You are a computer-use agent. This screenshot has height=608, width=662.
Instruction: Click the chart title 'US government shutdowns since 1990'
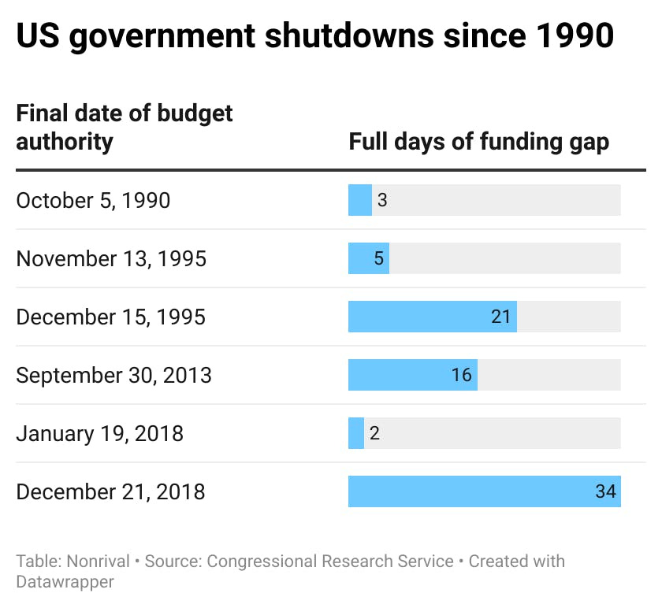315,38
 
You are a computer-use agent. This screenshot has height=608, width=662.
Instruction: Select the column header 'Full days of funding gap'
478,142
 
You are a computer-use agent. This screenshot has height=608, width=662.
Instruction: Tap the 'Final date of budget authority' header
125,128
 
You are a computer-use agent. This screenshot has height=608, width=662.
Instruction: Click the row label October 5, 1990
93,200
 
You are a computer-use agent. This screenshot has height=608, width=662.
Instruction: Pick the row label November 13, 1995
111,258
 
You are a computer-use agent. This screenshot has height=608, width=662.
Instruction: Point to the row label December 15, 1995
110,317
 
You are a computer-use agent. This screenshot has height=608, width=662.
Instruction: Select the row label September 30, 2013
113,375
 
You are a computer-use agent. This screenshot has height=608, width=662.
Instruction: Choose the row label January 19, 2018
99,433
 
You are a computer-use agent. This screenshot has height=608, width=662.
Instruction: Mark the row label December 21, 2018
110,491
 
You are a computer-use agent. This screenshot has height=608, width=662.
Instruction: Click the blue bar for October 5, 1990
359,200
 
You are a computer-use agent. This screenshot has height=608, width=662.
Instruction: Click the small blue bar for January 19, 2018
356,433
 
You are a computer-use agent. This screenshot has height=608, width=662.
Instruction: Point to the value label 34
605,491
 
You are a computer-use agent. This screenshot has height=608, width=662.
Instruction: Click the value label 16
462,375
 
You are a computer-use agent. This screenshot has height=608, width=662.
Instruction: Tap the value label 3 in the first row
382,200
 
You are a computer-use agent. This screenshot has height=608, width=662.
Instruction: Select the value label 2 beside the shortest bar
374,433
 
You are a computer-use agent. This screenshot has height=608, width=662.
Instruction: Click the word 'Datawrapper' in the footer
65,582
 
